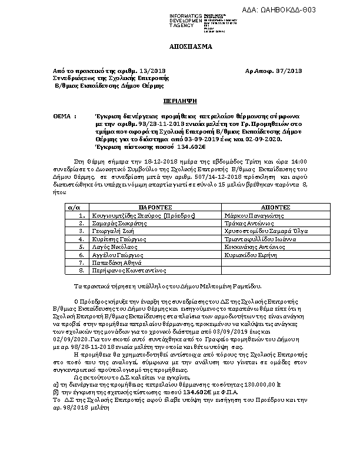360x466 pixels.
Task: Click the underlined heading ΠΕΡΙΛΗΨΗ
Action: tap(179, 102)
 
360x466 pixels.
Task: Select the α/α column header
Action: tap(74, 208)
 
